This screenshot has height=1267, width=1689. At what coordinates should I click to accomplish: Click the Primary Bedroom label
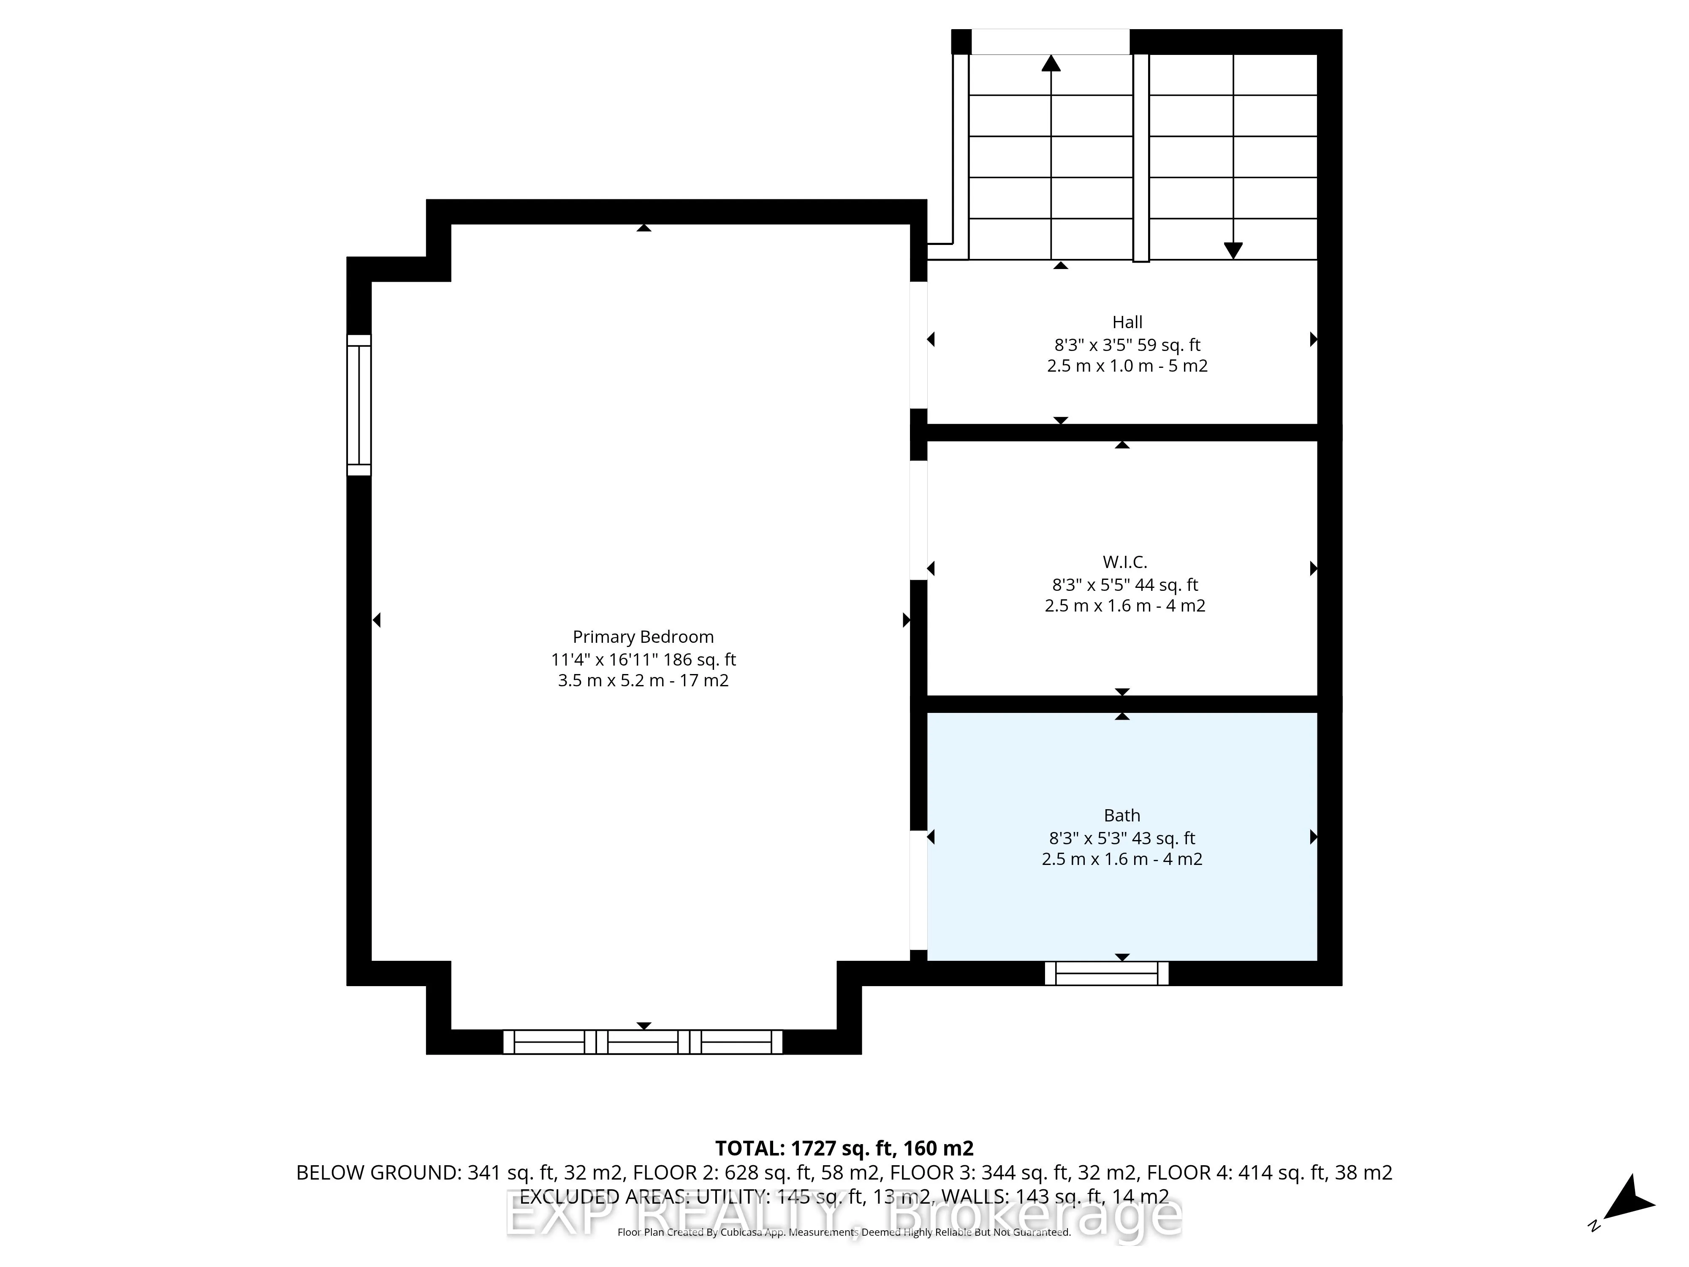coord(643,637)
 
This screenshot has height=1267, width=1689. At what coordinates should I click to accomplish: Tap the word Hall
coord(1127,322)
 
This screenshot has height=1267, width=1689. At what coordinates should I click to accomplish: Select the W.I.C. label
coord(1125,562)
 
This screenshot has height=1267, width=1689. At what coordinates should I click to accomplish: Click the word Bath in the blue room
coord(1121,816)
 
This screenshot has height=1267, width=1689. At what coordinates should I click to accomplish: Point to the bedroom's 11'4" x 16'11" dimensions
coord(643,659)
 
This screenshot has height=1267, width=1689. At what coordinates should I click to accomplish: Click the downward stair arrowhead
coord(1233,250)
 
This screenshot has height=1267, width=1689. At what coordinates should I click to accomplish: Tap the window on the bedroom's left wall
coord(359,405)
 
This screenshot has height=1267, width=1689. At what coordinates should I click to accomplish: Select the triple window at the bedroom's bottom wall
coord(643,1042)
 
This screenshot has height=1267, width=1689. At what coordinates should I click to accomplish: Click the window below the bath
coord(1106,973)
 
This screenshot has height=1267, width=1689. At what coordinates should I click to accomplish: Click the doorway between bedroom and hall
coord(918,345)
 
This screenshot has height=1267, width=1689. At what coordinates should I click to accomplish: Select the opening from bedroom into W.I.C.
coord(918,520)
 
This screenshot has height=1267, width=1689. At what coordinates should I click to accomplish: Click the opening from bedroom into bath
coord(918,890)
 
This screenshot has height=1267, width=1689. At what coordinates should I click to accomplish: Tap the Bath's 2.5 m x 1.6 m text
coord(1121,859)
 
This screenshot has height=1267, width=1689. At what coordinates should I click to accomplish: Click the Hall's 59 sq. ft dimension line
coord(1127,345)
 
